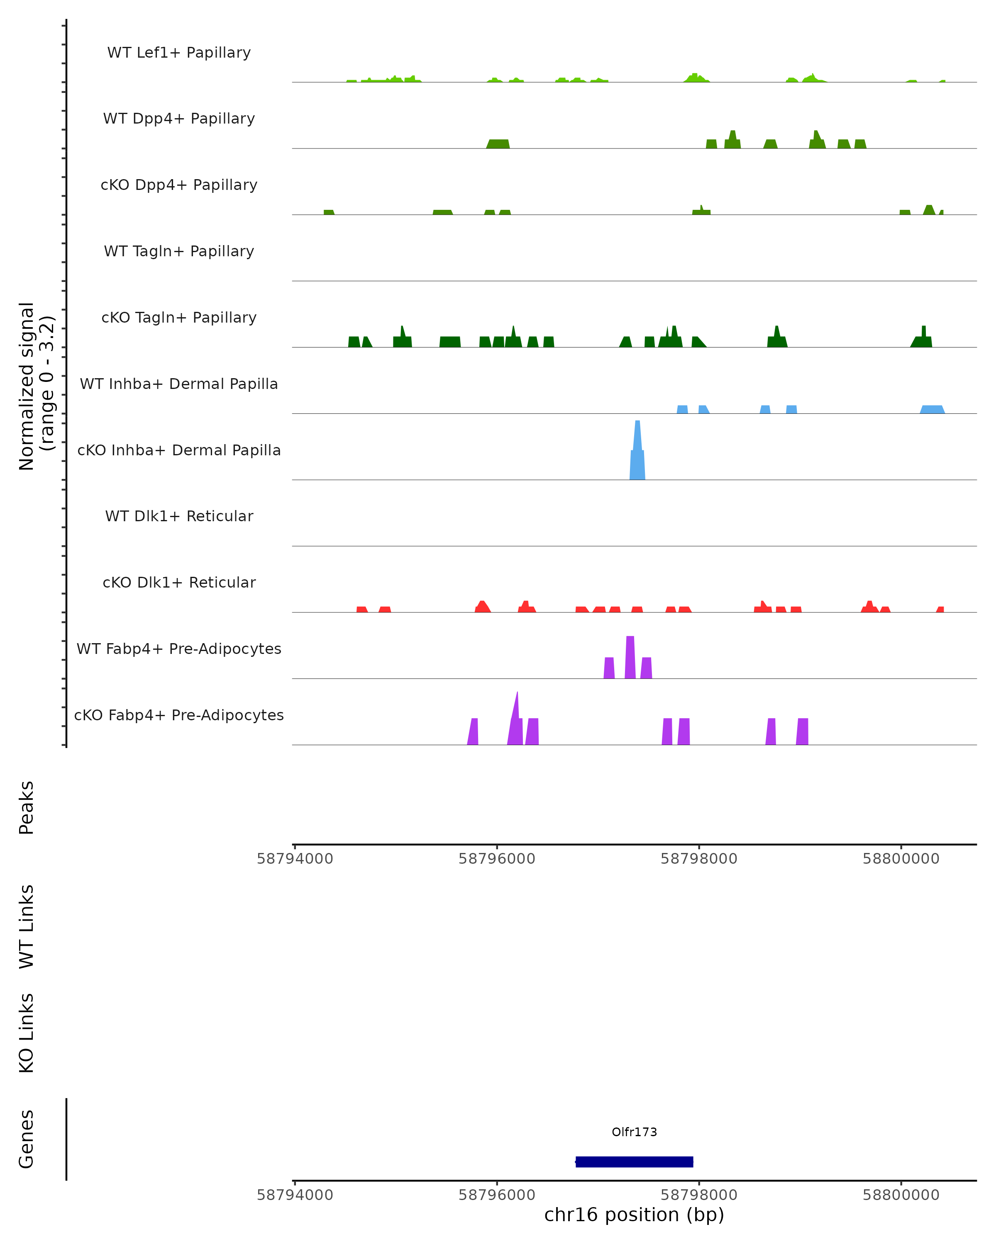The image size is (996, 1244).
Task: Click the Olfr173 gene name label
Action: (x=634, y=1132)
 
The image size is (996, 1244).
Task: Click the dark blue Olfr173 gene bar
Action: (x=634, y=1161)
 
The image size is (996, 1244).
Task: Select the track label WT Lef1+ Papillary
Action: (x=179, y=53)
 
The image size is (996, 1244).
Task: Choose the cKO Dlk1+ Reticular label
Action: (x=179, y=582)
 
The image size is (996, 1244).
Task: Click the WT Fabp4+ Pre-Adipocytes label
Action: (x=179, y=649)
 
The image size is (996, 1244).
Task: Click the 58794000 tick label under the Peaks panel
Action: (x=295, y=859)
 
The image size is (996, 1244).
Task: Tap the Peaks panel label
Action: (x=27, y=807)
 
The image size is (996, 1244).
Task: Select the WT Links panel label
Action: (x=27, y=926)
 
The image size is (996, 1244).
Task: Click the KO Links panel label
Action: (x=27, y=1033)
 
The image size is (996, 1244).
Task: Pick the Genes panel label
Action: (x=27, y=1139)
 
